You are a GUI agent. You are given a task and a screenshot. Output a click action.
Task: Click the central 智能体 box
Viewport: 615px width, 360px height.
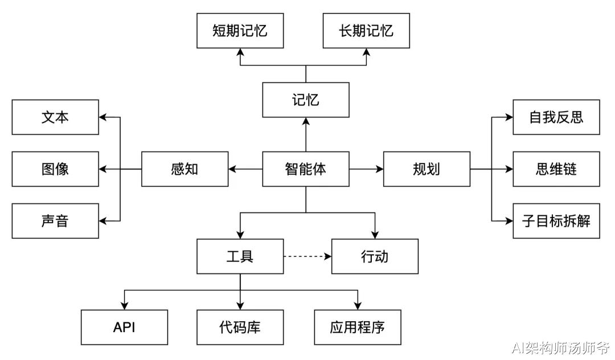tap(306, 169)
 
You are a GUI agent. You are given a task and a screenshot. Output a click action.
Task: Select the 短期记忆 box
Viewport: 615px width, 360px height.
tap(240, 31)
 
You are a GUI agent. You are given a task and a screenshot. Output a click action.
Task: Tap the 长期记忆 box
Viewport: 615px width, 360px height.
tap(366, 31)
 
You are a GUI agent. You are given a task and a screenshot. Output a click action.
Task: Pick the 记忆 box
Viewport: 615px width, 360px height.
tap(306, 100)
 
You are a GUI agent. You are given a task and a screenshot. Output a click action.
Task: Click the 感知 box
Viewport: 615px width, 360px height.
tap(184, 169)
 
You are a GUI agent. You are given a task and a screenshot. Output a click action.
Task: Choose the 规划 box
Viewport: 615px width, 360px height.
tap(427, 169)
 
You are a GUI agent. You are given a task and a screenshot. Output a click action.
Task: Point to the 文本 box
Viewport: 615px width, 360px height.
tap(55, 117)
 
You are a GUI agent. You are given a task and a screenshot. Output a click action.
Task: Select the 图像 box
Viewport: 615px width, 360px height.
tap(55, 169)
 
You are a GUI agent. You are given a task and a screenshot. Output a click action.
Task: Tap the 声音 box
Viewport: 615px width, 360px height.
tap(55, 221)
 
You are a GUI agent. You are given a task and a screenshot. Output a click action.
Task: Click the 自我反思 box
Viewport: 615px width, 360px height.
tap(556, 117)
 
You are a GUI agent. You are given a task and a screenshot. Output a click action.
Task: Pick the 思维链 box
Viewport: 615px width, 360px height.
tap(556, 169)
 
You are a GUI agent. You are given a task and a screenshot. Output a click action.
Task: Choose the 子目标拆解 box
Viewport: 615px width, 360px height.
tap(556, 221)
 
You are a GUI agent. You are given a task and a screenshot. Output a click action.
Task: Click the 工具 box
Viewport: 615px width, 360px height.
tap(240, 256)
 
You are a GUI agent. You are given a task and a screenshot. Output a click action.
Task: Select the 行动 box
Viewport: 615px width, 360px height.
tap(375, 256)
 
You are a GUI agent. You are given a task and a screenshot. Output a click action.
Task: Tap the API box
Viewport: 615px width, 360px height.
tap(124, 328)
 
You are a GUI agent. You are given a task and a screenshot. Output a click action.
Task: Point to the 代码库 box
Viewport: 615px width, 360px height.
tap(240, 328)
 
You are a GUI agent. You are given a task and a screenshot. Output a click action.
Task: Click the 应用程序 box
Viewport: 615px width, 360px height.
tap(357, 328)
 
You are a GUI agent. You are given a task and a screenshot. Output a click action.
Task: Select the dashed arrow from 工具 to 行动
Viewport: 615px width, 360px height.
tap(307, 256)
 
